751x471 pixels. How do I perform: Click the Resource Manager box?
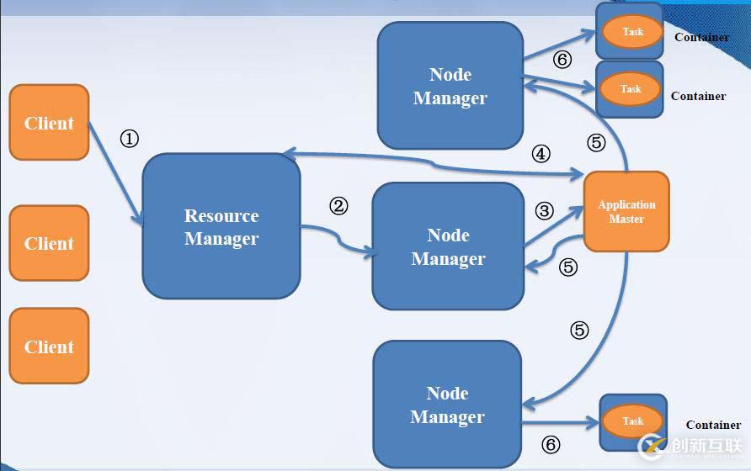click(221, 226)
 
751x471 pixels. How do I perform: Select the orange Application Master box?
click(626, 211)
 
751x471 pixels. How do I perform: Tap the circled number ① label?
click(129, 139)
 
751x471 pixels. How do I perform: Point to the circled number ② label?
click(338, 206)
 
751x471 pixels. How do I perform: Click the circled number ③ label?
click(545, 211)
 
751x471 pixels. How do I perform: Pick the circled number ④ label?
click(541, 154)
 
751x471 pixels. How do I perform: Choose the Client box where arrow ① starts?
click(49, 123)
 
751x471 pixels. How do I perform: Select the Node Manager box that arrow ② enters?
click(448, 246)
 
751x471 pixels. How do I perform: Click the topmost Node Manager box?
click(450, 86)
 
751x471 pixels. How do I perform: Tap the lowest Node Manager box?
click(447, 405)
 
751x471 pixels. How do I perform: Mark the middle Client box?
click(49, 243)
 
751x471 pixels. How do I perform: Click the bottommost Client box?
click(49, 346)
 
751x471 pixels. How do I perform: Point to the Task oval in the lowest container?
click(632, 421)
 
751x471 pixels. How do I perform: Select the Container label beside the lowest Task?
click(713, 425)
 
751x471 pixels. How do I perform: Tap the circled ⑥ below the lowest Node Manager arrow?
click(550, 445)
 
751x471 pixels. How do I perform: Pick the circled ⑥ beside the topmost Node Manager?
click(562, 60)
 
